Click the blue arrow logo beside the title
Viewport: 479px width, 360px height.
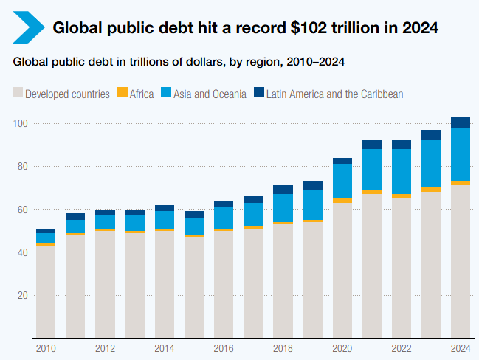(x=27, y=28)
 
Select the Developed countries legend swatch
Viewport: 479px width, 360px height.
(x=18, y=94)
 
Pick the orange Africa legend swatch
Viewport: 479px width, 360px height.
(x=123, y=94)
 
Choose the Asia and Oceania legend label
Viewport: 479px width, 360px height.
(x=210, y=94)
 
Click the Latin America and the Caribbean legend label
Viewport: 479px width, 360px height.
(x=334, y=94)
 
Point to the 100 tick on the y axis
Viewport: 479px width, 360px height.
(x=20, y=123)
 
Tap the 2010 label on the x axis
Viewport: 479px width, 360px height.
(x=46, y=348)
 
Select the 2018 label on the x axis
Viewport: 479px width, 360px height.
(x=283, y=348)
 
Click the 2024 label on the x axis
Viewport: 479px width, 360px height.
(x=461, y=348)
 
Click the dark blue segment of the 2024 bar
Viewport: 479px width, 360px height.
(x=461, y=122)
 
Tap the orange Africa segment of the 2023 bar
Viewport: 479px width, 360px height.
(x=431, y=190)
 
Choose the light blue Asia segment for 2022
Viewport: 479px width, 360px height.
(x=402, y=172)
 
